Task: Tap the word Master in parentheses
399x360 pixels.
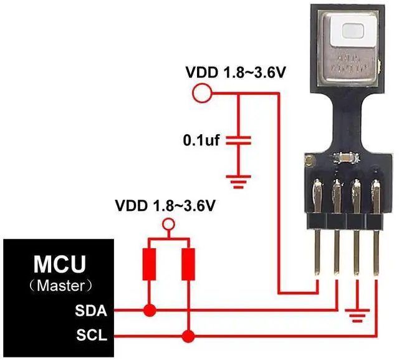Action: tap(62, 286)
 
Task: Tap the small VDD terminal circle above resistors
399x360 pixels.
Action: tap(167, 224)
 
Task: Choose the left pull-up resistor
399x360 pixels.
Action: tap(149, 264)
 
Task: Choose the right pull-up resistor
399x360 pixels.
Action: tap(187, 264)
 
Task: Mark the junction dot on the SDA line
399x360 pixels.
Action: tap(149, 309)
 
